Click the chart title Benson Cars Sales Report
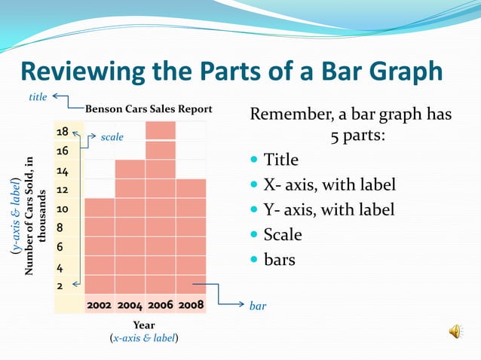coord(149,108)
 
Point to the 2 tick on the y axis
coord(60,286)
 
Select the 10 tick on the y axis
coord(63,209)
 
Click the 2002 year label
coord(100,305)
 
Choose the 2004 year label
coord(130,305)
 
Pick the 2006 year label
coord(160,305)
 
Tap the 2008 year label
coord(190,305)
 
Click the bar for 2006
coord(160,211)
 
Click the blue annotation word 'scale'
coord(112,138)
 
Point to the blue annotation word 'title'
coord(38,96)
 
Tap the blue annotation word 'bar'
coord(257,306)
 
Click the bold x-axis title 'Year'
coord(144,325)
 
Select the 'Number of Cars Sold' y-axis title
coord(35,215)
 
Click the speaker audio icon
coord(456,331)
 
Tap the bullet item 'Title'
coord(280,160)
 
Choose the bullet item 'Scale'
coord(282,234)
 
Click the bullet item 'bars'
coord(279,260)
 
